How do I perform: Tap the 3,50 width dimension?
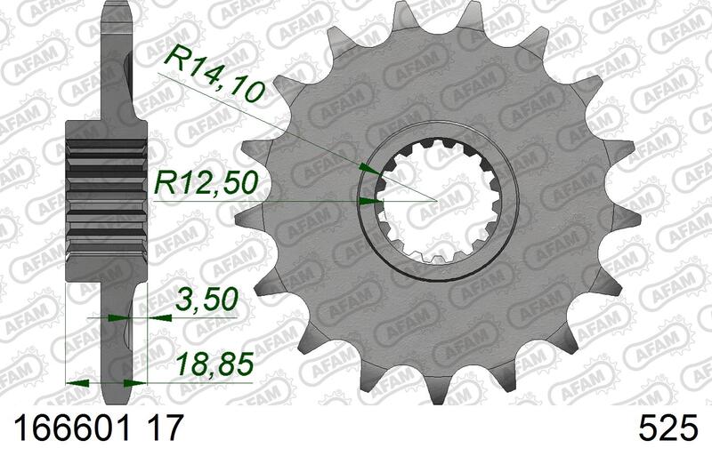tap(206, 300)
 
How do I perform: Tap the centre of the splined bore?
tap(436, 200)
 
